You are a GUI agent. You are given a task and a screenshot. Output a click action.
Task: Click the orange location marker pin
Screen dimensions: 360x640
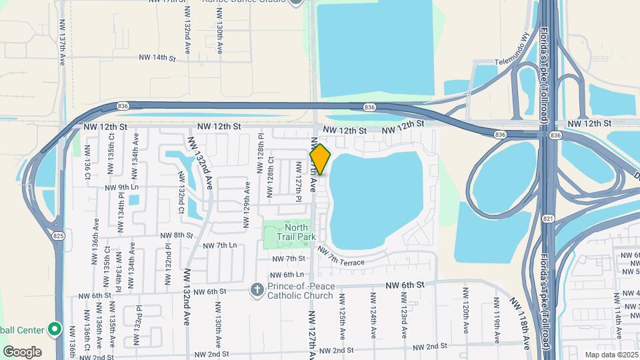coord(320,160)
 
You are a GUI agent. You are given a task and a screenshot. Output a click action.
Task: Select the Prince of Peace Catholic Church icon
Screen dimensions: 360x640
coord(257,289)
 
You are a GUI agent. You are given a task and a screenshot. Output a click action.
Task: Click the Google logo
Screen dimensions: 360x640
coord(22,351)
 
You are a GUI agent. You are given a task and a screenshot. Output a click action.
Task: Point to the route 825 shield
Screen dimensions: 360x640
coord(59,235)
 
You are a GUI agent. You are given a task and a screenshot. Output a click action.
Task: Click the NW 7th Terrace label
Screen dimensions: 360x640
coord(341,257)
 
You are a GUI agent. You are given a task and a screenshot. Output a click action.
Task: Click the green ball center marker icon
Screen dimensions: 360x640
coord(54,329)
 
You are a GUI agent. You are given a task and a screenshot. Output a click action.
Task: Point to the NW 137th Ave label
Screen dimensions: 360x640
coord(61,40)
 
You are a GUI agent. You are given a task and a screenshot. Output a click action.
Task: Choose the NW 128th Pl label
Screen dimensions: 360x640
coord(261,154)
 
